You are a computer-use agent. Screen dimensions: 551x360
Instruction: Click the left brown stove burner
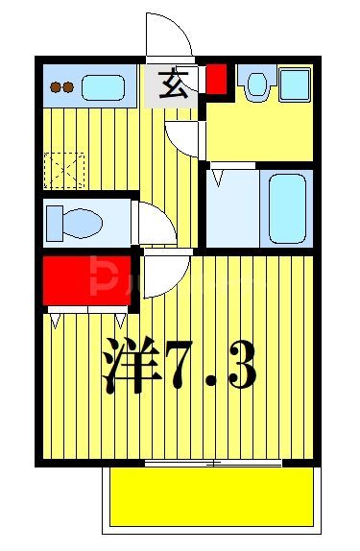tap(56, 87)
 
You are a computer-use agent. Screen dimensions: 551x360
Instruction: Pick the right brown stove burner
tap(68, 87)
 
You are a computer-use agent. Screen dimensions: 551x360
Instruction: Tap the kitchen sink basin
tap(103, 87)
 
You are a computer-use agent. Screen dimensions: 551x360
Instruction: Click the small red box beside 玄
tap(217, 80)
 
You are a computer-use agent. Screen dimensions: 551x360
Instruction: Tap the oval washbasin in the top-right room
tap(255, 85)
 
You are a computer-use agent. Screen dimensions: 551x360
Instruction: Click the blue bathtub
tap(285, 207)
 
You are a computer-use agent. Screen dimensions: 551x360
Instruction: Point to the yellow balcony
tap(212, 496)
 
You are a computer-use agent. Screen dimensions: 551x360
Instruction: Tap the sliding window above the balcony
tap(213, 464)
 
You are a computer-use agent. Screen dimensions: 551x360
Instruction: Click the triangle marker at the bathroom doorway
tap(220, 177)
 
